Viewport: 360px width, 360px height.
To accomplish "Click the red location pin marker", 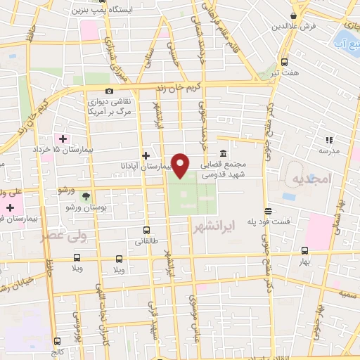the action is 181,165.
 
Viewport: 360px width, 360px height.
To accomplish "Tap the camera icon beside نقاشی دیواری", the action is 109,91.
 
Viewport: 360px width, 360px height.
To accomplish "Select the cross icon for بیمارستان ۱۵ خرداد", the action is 62,138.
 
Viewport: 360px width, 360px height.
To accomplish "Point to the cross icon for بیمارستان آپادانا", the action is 146,155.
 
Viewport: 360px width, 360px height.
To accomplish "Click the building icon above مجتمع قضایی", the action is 223,154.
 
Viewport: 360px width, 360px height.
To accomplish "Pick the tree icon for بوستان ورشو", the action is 86,196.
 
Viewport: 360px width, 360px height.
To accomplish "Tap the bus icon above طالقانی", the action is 146,230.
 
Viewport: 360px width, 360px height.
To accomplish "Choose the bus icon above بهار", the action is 304,250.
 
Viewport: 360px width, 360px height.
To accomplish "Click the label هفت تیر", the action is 285,72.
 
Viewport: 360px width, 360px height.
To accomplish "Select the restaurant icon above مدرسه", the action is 328,140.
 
